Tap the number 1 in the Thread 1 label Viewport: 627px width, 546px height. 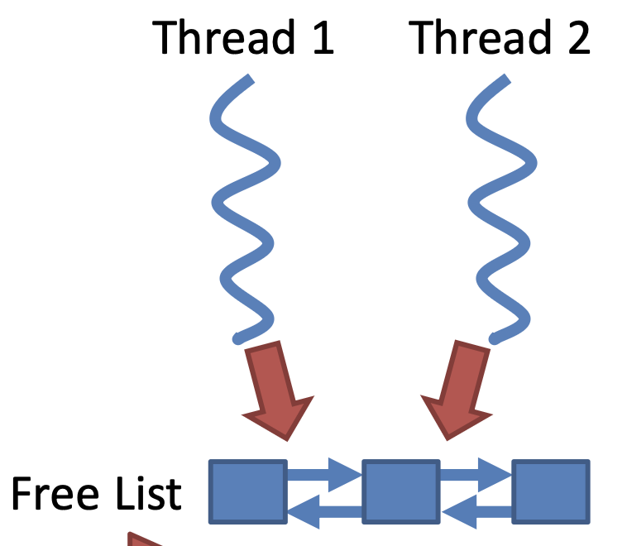(x=321, y=37)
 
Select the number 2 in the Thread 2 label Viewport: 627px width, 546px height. (x=577, y=37)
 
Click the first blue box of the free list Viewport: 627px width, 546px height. (x=247, y=491)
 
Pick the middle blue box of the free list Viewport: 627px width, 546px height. (x=400, y=491)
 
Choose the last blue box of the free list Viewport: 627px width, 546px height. (x=551, y=491)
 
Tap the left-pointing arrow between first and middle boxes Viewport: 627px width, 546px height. (x=323, y=510)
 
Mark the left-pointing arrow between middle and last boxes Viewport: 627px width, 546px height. (x=475, y=510)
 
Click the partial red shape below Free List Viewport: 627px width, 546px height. (x=142, y=539)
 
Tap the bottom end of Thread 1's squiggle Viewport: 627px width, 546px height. (x=239, y=338)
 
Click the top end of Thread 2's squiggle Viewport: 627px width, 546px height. (x=505, y=80)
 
